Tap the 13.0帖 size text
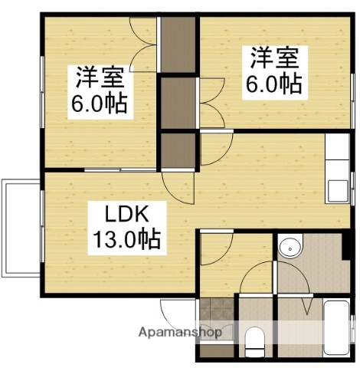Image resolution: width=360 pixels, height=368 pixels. (x=127, y=239)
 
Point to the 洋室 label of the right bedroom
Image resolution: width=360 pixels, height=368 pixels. (x=271, y=58)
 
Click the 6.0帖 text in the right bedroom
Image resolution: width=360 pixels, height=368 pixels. (x=273, y=84)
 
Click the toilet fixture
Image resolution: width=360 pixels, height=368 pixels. (x=255, y=341)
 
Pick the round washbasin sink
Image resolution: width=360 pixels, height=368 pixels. (x=289, y=247)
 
